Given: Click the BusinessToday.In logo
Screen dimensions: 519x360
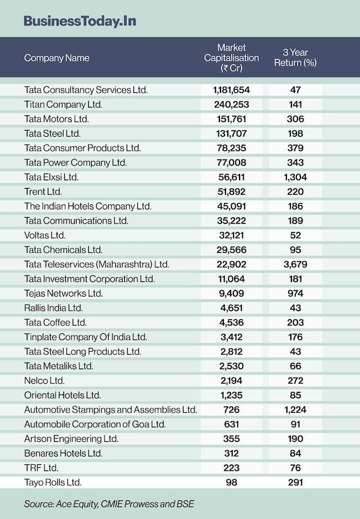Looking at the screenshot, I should click(x=79, y=21).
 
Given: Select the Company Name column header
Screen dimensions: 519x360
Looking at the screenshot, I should click(x=57, y=58).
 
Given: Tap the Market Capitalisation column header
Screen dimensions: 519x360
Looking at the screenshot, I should click(x=231, y=58).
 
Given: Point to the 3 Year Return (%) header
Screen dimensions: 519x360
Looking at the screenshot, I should click(x=295, y=58).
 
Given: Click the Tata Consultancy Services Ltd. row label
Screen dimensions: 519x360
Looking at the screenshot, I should click(x=86, y=90).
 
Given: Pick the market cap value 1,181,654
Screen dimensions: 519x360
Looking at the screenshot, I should click(x=231, y=90).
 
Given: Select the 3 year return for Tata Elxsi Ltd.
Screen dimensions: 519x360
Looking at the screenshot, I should click(x=295, y=177).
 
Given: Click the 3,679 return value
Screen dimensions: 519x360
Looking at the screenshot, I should click(x=295, y=264).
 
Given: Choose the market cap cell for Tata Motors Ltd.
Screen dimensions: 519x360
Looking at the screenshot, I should click(x=231, y=119).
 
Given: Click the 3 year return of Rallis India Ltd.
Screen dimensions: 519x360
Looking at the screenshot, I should click(x=295, y=308).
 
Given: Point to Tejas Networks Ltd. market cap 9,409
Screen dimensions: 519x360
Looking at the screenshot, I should click(x=231, y=293).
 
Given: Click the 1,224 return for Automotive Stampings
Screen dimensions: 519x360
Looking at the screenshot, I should click(x=295, y=410).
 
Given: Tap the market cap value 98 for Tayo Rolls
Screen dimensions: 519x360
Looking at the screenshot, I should click(x=231, y=482).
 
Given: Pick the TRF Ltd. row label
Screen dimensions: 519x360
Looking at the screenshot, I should click(x=42, y=468).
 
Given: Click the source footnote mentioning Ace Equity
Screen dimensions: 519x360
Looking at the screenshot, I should click(x=109, y=504).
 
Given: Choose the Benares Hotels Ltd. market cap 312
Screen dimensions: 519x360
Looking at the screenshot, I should click(x=231, y=453).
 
